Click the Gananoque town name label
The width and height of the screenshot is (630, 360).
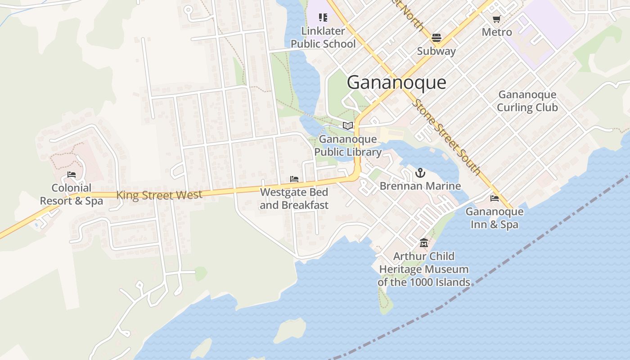(396, 83)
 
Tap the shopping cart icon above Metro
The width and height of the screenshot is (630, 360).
(496, 19)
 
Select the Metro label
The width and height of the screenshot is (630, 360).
(497, 32)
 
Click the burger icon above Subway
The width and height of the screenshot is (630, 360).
(436, 37)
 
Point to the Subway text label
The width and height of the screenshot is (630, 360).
(436, 51)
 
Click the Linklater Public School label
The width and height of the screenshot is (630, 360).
(323, 37)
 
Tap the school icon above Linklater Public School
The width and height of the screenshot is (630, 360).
(323, 18)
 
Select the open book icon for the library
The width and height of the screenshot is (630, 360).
(348, 126)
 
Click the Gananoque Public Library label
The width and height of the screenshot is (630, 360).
(348, 146)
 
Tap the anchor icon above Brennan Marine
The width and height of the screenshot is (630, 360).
(420, 172)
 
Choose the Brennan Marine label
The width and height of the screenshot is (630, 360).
(420, 186)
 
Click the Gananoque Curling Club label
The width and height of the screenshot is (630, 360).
(527, 101)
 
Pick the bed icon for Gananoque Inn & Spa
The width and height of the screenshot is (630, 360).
(495, 198)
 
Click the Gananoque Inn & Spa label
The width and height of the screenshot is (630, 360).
(495, 218)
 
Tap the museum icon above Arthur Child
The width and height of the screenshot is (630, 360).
(423, 243)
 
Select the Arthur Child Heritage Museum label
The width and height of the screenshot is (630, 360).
(423, 269)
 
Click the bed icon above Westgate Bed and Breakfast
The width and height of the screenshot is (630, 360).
(294, 179)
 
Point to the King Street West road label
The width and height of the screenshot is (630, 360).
(159, 195)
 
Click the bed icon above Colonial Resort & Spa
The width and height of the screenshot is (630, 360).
(72, 175)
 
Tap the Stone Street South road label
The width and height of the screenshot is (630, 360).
(446, 137)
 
